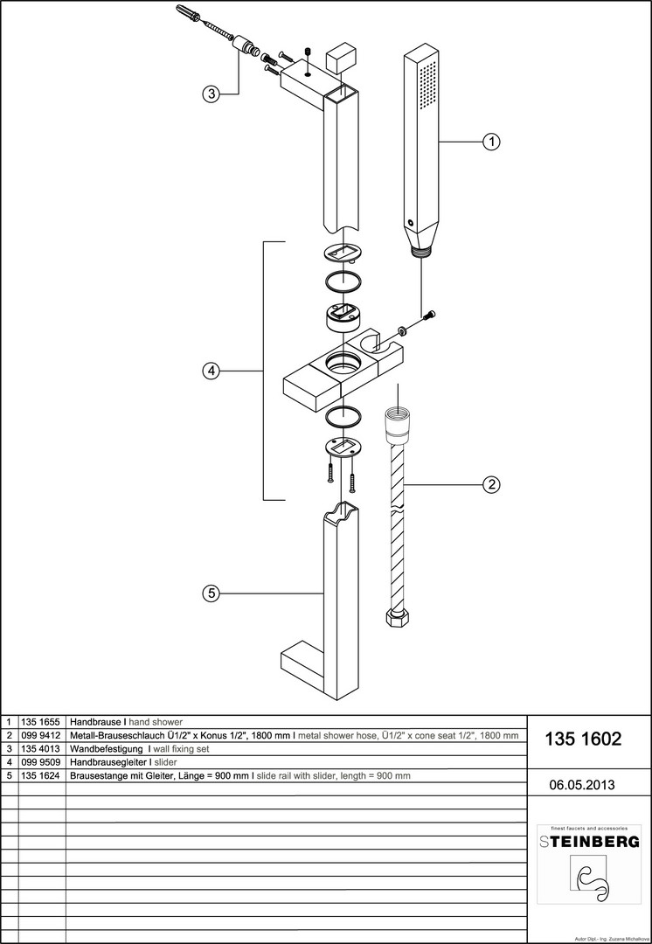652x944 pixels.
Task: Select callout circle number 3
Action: [210, 94]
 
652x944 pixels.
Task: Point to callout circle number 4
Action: [210, 371]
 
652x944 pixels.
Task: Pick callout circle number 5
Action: [210, 593]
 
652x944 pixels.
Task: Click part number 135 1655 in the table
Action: [42, 723]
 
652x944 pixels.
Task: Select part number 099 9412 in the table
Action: [42, 736]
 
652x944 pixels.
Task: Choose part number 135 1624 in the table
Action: [42, 775]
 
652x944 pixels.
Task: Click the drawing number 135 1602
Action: [583, 739]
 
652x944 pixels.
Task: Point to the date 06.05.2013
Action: [582, 785]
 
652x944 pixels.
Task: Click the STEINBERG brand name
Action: [588, 842]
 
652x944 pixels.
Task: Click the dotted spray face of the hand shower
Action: [427, 95]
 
